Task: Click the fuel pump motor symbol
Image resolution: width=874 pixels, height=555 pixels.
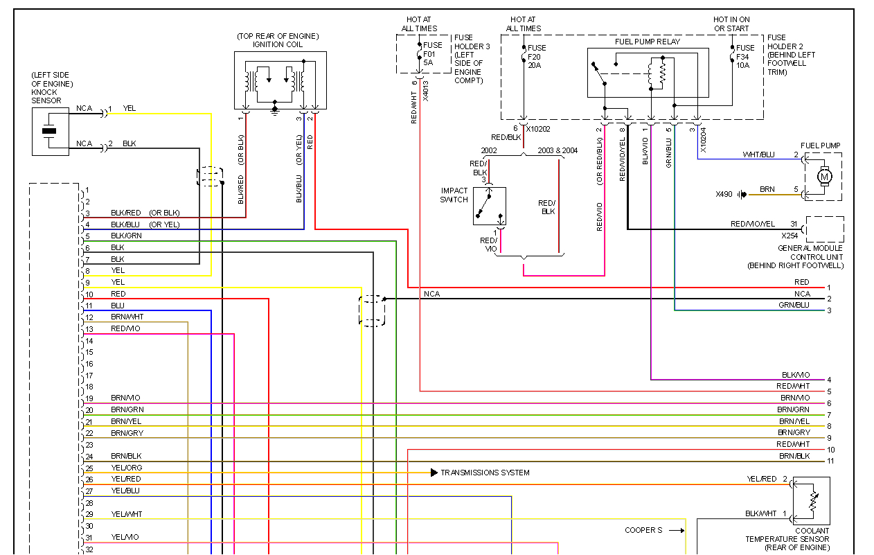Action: (x=824, y=176)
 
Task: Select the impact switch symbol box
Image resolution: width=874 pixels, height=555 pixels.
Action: (x=490, y=206)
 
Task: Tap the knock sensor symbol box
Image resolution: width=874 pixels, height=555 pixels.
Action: (x=50, y=131)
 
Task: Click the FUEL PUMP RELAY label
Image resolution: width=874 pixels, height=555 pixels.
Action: (x=647, y=42)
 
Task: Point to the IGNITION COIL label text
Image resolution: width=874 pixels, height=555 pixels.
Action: (x=278, y=44)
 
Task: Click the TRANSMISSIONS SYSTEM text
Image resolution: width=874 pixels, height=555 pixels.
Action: (x=485, y=473)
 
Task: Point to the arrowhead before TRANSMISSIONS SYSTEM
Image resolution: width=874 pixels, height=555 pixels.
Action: (x=434, y=473)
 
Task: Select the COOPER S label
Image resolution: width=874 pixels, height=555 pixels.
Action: (x=643, y=530)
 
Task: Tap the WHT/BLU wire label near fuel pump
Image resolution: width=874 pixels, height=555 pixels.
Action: (x=758, y=155)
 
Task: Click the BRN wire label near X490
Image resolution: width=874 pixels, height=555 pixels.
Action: (x=767, y=189)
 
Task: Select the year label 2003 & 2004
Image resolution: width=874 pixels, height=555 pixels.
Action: (x=557, y=150)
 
